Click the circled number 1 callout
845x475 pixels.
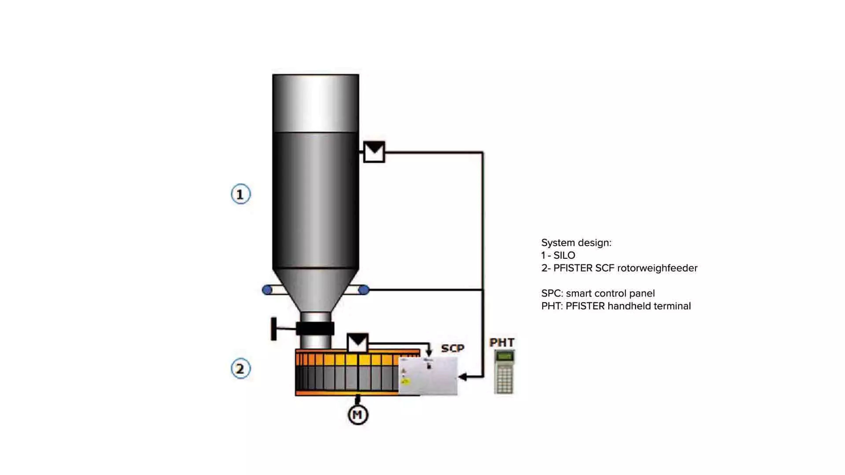(241, 194)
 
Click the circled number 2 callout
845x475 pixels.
(241, 369)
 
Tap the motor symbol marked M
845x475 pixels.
(358, 415)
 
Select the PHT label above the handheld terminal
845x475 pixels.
(501, 343)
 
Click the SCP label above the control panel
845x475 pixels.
(453, 348)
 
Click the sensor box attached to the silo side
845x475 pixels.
(374, 152)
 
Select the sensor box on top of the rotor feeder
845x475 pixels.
(357, 343)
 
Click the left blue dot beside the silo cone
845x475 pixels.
(267, 290)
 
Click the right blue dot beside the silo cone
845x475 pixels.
(364, 290)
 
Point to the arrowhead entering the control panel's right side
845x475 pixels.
(463, 377)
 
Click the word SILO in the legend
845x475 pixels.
(564, 255)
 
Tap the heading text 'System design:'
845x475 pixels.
(576, 243)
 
